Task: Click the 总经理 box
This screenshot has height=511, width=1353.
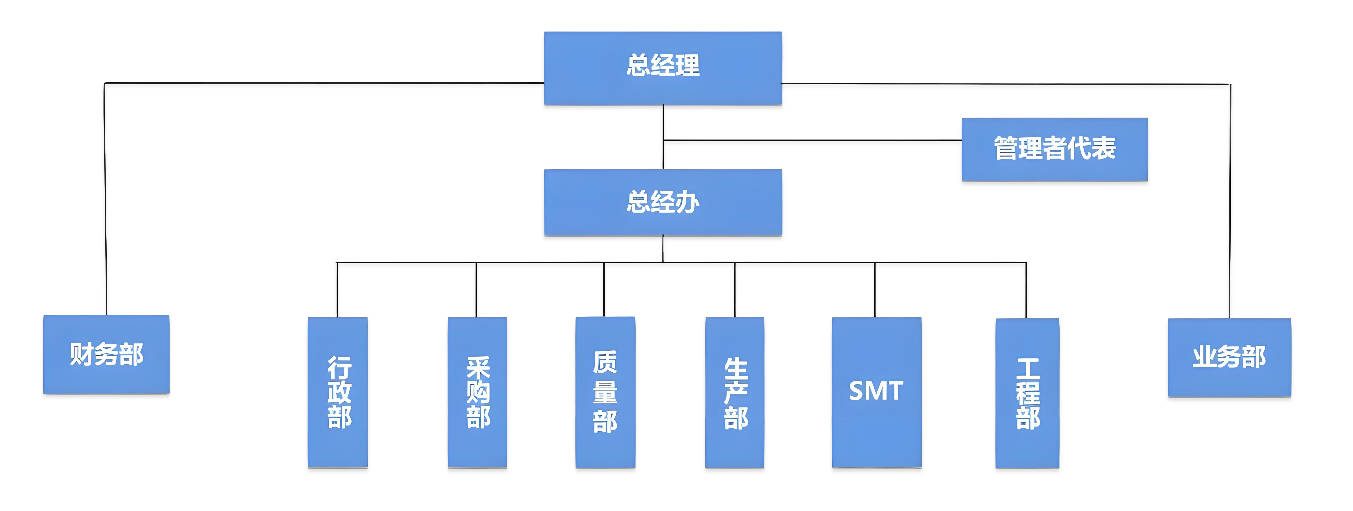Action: pos(663,68)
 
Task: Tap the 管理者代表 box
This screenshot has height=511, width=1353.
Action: pos(1055,150)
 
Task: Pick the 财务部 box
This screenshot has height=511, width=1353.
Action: pos(106,354)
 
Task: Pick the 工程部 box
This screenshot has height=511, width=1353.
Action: pos(1027,393)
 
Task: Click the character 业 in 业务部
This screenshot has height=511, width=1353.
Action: pos(1205,357)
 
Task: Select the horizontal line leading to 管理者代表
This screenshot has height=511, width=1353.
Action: pos(812,140)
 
